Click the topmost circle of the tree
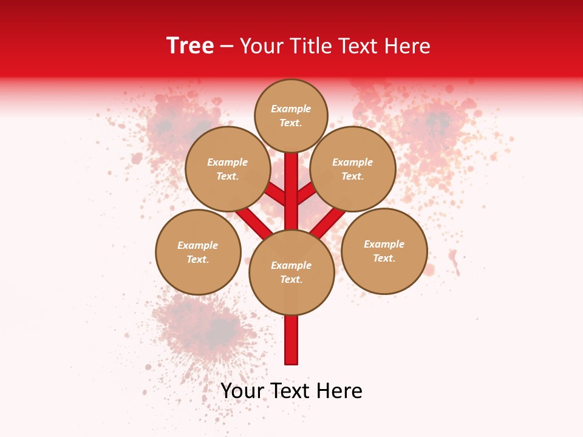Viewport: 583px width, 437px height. (x=291, y=115)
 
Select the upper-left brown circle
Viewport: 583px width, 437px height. (x=228, y=169)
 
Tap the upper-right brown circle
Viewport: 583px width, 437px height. (x=353, y=169)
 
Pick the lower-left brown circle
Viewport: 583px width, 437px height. (x=198, y=252)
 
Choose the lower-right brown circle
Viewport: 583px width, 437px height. (x=384, y=251)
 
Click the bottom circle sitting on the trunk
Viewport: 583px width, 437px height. (x=291, y=272)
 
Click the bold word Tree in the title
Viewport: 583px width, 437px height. (x=190, y=46)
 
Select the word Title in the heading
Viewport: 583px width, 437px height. (x=312, y=46)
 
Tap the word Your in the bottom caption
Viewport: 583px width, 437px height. (x=242, y=390)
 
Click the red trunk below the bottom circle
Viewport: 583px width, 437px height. (x=291, y=340)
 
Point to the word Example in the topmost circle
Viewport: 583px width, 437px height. (x=291, y=109)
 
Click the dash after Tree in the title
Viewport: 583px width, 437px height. (x=227, y=46)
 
